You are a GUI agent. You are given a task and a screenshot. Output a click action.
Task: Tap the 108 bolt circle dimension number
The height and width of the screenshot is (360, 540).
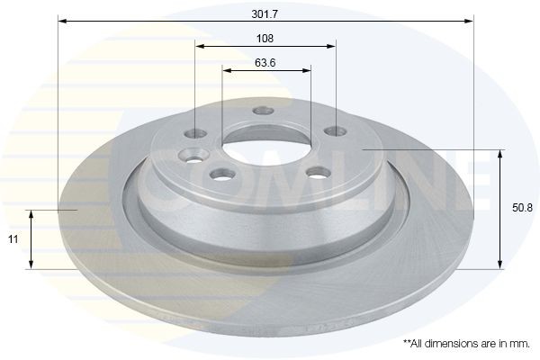click(265, 38)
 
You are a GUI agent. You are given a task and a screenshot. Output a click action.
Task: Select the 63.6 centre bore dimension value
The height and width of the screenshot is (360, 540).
click(265, 62)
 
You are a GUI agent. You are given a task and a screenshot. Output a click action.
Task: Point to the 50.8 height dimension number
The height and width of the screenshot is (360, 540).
click(520, 207)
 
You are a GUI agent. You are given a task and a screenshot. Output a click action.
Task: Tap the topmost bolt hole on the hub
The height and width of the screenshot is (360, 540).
click(262, 112)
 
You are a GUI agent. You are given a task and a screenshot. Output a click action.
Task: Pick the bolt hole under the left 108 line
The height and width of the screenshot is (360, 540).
click(198, 133)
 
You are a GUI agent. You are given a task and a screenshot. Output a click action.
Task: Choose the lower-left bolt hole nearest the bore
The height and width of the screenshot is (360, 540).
click(217, 175)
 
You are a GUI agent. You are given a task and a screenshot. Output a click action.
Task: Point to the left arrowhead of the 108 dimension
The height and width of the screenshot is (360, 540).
click(200, 46)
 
